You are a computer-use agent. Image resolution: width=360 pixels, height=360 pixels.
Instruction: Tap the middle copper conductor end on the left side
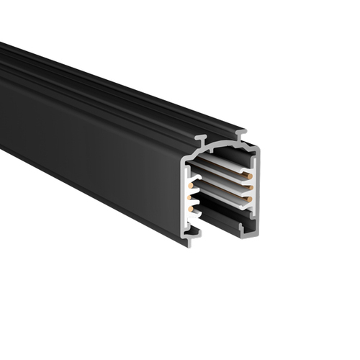pos(192,195)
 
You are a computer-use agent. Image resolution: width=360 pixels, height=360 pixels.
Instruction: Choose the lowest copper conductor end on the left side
pos(191,209)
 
